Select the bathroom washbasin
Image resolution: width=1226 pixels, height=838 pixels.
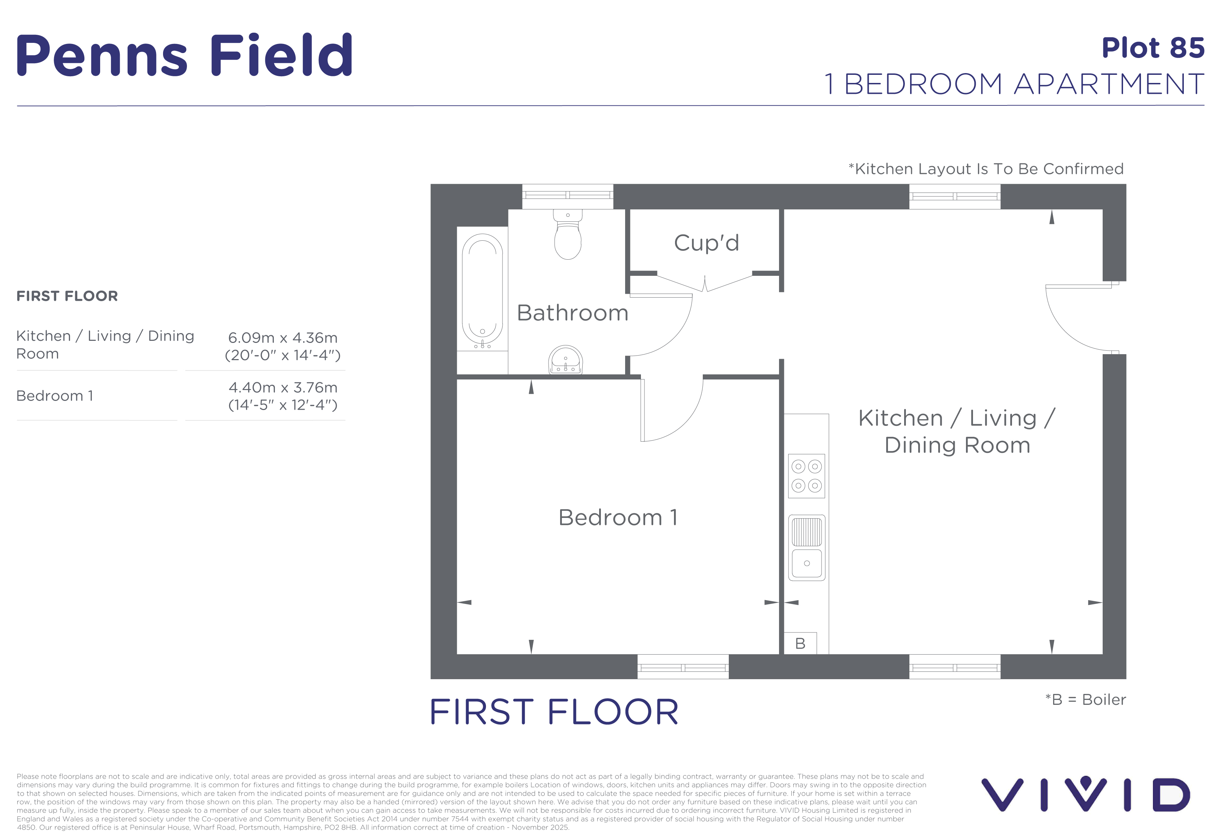pos(565,360)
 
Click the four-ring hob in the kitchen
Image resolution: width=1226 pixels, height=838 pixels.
pos(806,476)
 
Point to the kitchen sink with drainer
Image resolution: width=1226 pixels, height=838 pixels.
pos(806,548)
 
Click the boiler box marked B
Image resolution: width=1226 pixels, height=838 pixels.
pos(800,643)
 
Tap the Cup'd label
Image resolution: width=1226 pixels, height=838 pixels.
pos(706,243)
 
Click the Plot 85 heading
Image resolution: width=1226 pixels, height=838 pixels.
pos(1153,48)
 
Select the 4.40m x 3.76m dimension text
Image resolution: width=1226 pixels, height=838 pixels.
pos(283,388)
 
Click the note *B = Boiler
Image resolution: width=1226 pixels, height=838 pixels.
pos(1086,700)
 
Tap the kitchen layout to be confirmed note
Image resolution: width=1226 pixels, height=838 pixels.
pos(986,169)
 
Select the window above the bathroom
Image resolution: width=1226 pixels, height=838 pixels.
pos(567,196)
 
